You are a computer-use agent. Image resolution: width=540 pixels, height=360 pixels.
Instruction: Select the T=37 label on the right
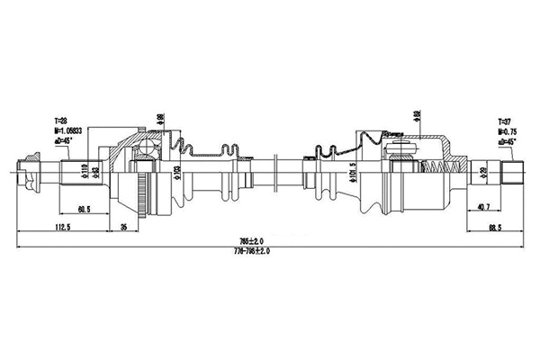[x=506, y=119]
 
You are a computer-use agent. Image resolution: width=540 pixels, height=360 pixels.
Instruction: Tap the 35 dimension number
[x=127, y=226]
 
